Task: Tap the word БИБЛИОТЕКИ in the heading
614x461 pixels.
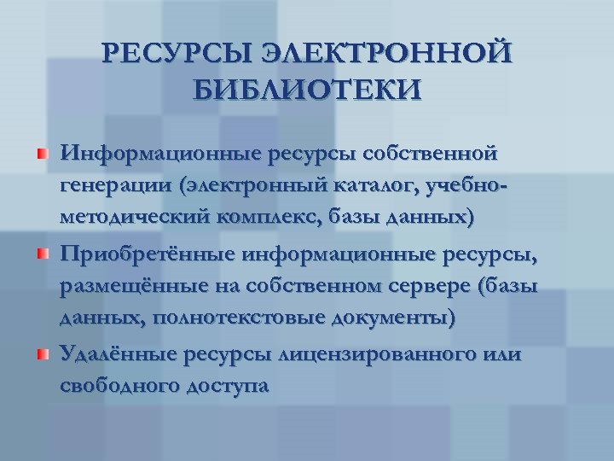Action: point(307,89)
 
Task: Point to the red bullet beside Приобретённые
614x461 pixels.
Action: point(43,254)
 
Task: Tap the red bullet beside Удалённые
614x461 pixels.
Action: point(43,353)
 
